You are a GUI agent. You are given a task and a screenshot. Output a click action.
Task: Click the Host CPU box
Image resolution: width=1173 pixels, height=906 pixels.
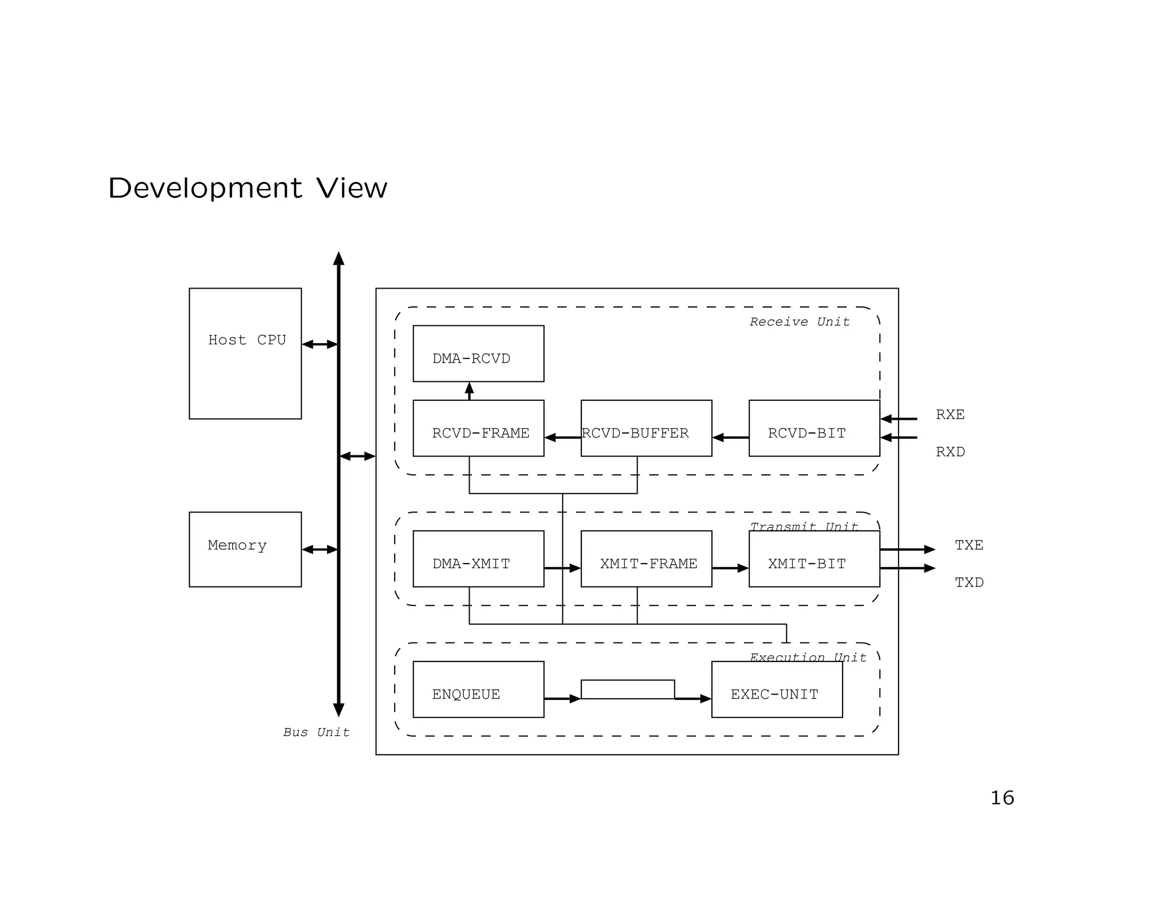245,353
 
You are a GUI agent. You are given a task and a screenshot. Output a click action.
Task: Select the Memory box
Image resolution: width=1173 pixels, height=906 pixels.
245,549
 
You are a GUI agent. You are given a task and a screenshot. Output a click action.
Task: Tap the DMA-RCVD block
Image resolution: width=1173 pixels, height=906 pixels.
478,353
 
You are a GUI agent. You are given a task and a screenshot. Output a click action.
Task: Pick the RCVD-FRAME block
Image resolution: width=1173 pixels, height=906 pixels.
478,428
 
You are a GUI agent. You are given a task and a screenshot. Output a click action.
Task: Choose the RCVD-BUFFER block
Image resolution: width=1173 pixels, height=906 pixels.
646,428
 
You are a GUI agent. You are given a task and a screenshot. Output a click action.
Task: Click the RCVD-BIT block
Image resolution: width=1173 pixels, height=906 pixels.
814,428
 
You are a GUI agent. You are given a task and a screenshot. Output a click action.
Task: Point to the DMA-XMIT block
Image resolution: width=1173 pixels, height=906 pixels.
478,558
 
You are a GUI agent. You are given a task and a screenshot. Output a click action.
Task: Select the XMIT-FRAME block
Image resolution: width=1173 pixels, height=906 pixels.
646,558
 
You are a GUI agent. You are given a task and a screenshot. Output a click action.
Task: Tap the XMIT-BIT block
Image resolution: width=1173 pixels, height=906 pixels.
814,558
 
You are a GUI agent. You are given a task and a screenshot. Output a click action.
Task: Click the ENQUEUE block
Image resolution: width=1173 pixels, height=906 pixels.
478,689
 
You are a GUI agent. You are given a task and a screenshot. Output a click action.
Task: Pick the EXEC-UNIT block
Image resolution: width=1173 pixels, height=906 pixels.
777,689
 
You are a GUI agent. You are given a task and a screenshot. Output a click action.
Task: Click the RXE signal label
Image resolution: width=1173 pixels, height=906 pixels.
950,415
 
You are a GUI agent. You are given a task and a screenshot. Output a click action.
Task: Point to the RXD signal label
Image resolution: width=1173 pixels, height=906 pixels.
950,452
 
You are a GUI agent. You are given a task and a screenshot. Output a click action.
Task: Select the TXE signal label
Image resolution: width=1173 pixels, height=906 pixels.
969,545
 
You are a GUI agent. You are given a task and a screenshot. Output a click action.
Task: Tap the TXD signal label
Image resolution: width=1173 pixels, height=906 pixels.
969,582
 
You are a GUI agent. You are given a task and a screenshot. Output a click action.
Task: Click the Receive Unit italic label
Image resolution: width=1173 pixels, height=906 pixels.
800,322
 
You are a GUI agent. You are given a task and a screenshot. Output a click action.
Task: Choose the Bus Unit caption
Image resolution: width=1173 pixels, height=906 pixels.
316,732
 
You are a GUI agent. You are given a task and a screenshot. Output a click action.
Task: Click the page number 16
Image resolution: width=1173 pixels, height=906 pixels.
1002,798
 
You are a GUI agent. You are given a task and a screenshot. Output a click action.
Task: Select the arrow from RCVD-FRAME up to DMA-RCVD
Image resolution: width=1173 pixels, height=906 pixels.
470,391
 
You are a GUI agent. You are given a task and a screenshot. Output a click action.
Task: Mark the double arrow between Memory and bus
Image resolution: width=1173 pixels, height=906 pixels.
320,549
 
